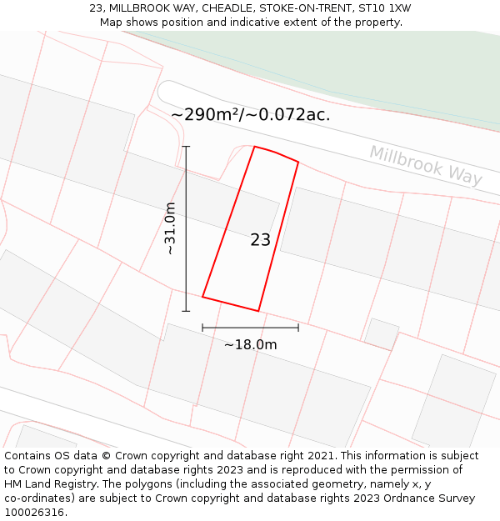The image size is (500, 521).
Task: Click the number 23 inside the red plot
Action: [x=260, y=240]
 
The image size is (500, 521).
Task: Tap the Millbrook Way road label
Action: [x=426, y=165]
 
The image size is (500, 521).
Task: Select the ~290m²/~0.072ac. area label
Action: [x=250, y=115]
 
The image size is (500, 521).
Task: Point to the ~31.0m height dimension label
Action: [x=170, y=228]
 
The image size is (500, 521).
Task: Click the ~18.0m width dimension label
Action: [x=250, y=344]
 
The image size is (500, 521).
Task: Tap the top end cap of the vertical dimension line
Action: [x=186, y=147]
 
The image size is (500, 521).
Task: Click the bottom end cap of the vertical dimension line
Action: [x=186, y=311]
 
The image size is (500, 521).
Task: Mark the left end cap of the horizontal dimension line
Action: [x=202, y=328]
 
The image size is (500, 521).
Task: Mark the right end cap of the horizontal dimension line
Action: [x=298, y=328]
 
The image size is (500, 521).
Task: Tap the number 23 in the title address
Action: [x=97, y=8]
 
